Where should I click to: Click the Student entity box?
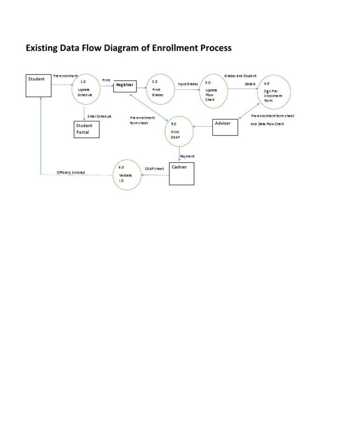coord(38,85)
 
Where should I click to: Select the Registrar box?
coord(125,86)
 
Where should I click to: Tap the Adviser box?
coord(225,127)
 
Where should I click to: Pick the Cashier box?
coord(181,173)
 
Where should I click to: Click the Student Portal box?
coord(88,129)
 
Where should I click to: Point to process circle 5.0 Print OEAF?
coord(179,131)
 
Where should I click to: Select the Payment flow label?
coord(187,156)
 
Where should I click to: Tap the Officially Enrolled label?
coord(71,173)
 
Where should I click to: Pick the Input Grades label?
coord(187,84)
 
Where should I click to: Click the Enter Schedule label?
coord(99,116)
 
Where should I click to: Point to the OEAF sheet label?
coord(154,167)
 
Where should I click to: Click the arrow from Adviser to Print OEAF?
coord(202,127)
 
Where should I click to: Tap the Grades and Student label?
coord(240,75)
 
